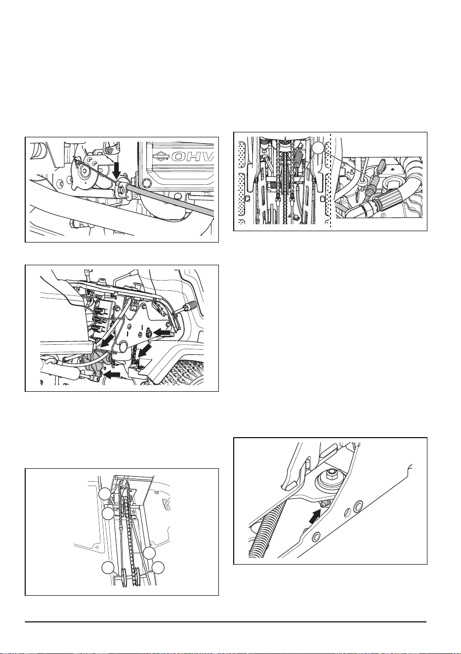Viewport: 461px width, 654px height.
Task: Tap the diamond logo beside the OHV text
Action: (x=162, y=157)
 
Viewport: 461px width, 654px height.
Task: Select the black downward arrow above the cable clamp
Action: (x=119, y=171)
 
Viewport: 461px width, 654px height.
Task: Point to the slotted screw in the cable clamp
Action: (x=121, y=189)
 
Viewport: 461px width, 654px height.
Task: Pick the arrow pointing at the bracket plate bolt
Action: (x=162, y=332)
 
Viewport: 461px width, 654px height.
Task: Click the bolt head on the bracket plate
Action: (x=149, y=332)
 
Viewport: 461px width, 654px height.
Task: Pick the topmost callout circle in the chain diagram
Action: (x=105, y=493)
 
